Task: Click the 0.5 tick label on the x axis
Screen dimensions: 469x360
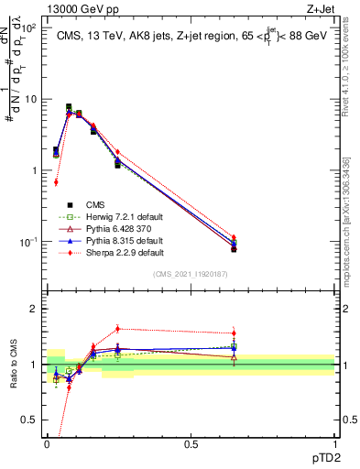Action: pos(191,442)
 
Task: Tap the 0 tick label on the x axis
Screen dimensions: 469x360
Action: pos(47,442)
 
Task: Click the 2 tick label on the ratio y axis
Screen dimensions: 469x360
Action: pos(33,309)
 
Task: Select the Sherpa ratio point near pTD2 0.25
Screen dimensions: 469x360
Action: pos(117,329)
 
